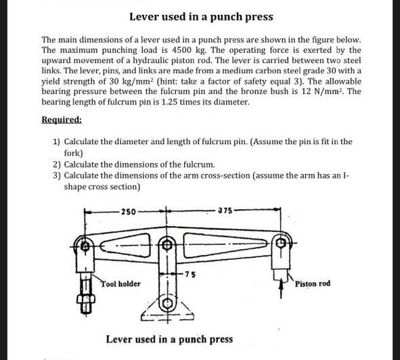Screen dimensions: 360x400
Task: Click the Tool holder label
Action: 121,284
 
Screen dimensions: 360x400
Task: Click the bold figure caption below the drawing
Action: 169,338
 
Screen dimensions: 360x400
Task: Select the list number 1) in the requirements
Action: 57,141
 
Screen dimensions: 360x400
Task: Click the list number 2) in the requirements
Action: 57,164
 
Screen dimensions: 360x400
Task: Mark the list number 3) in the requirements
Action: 57,176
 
